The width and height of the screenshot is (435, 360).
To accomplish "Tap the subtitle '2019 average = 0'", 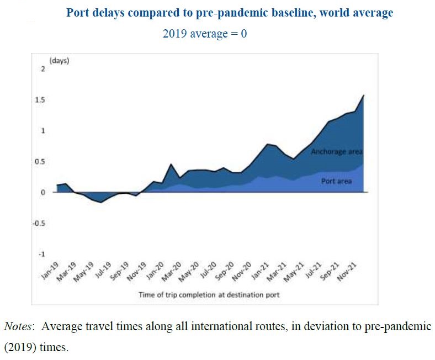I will (204, 33).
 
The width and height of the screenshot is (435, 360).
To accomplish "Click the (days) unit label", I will (59, 61).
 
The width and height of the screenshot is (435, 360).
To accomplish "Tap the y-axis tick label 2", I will (42, 69).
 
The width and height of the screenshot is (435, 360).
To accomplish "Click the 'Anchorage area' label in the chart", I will (336, 151).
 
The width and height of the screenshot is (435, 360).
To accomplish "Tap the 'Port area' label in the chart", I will (336, 181).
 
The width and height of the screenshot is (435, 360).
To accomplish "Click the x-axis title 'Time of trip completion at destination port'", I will (209, 295).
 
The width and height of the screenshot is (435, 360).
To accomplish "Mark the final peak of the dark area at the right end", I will (363, 96).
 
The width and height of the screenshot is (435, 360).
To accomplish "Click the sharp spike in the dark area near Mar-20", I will (171, 165).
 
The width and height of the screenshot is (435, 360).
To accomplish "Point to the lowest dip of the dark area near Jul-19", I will (100, 203).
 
